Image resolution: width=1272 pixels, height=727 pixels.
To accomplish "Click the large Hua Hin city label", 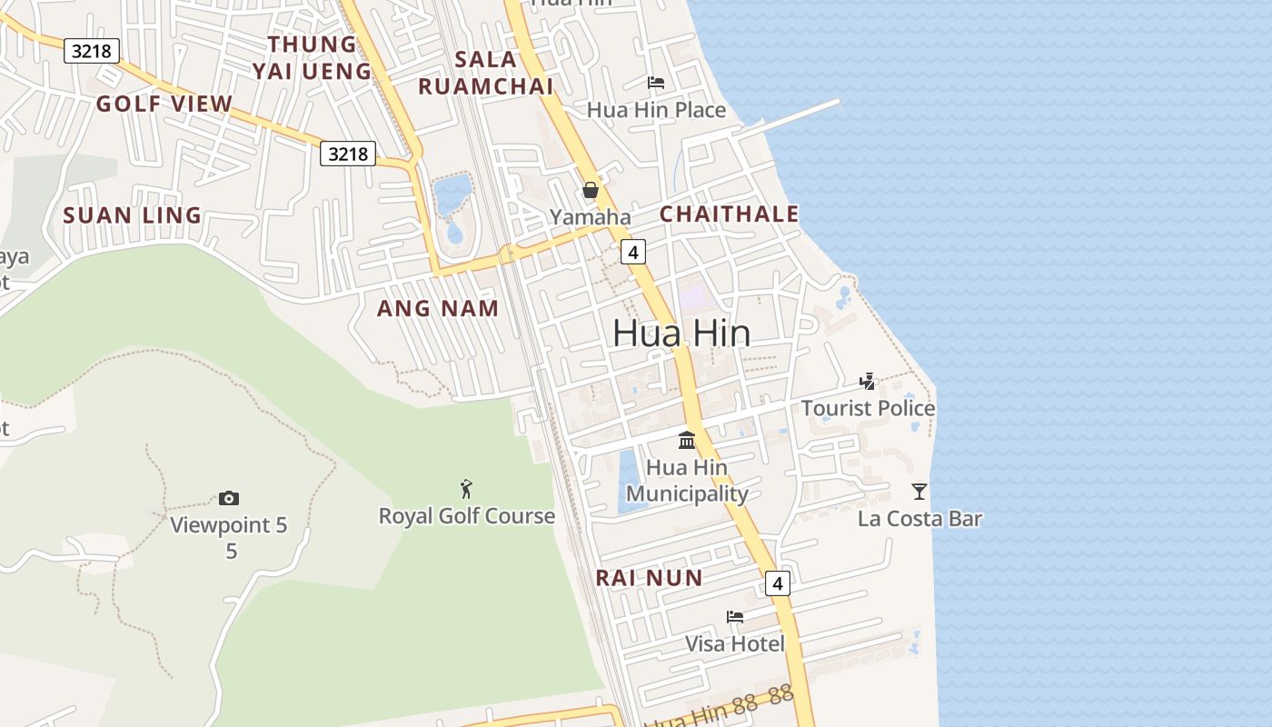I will (x=681, y=334).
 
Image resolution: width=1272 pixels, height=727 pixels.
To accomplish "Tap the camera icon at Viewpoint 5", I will (x=229, y=498).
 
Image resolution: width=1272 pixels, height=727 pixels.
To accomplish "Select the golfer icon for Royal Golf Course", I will (x=467, y=489).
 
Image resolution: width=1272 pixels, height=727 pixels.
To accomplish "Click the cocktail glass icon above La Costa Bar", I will (x=919, y=492).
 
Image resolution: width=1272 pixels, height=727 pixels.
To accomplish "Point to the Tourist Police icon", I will (x=868, y=382).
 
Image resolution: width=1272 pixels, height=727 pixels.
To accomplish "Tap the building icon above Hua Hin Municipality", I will (x=687, y=441).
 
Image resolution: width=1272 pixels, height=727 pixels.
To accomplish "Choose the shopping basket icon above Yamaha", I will (x=591, y=190).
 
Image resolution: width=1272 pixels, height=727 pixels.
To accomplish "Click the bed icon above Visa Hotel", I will (x=735, y=617).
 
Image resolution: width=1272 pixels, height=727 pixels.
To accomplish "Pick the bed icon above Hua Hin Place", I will (x=656, y=83).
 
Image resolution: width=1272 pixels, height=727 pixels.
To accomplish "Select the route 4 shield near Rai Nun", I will (x=777, y=583).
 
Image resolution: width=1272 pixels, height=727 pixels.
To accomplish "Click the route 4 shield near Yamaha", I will (x=633, y=251).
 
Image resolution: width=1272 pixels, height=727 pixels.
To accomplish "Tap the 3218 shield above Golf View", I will (x=92, y=51).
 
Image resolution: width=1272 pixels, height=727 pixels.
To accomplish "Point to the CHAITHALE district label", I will (x=729, y=214).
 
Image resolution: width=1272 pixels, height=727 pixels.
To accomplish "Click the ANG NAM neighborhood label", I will (x=438, y=309).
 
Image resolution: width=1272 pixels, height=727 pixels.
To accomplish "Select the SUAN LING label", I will (x=133, y=215).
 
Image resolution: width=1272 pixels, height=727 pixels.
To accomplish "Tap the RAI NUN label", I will (x=649, y=578).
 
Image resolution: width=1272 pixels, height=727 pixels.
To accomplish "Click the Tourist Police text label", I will (x=868, y=408).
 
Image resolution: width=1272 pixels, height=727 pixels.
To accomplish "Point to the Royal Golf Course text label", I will (x=467, y=516).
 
